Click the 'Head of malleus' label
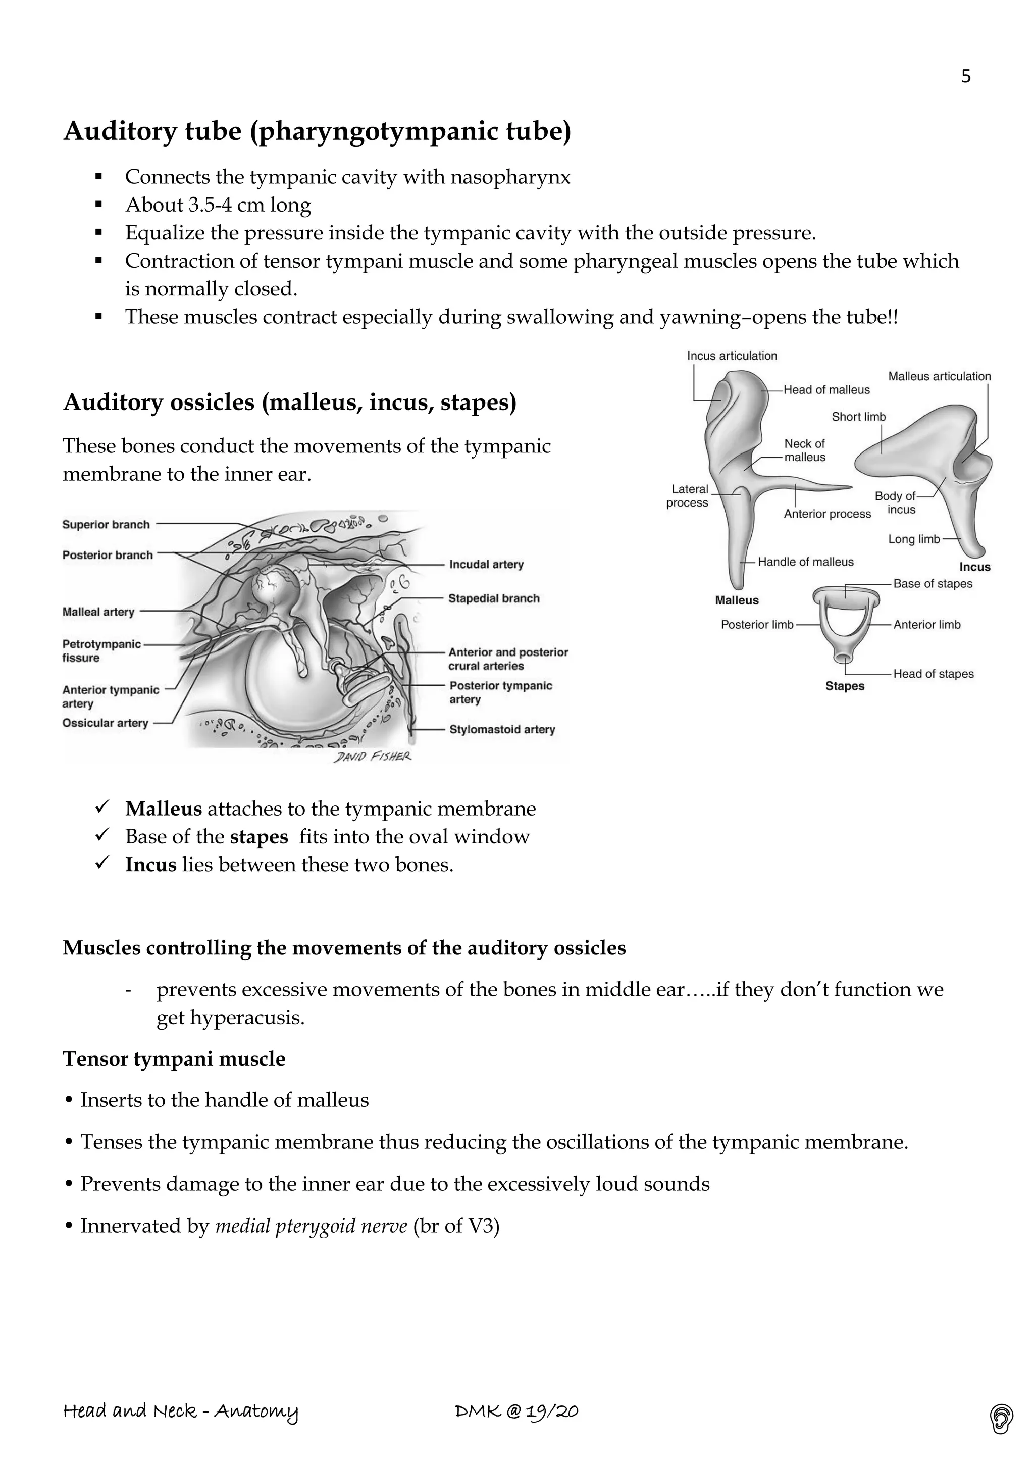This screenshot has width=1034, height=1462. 826,390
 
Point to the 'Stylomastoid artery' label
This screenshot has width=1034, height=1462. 502,729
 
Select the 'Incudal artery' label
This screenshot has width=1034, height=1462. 486,564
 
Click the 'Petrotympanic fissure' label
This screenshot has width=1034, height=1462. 101,651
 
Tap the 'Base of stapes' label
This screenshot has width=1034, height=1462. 932,583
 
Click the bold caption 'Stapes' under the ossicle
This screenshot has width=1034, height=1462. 844,686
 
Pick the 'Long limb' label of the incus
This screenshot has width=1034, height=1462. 914,539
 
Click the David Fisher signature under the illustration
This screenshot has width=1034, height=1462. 373,757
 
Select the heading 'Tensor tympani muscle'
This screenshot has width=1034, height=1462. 174,1059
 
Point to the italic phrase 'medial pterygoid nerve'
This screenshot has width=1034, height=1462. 311,1226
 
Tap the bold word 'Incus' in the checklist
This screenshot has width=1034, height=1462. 150,865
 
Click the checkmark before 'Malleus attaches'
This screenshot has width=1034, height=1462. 102,808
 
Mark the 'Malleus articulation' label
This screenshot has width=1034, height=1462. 939,376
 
